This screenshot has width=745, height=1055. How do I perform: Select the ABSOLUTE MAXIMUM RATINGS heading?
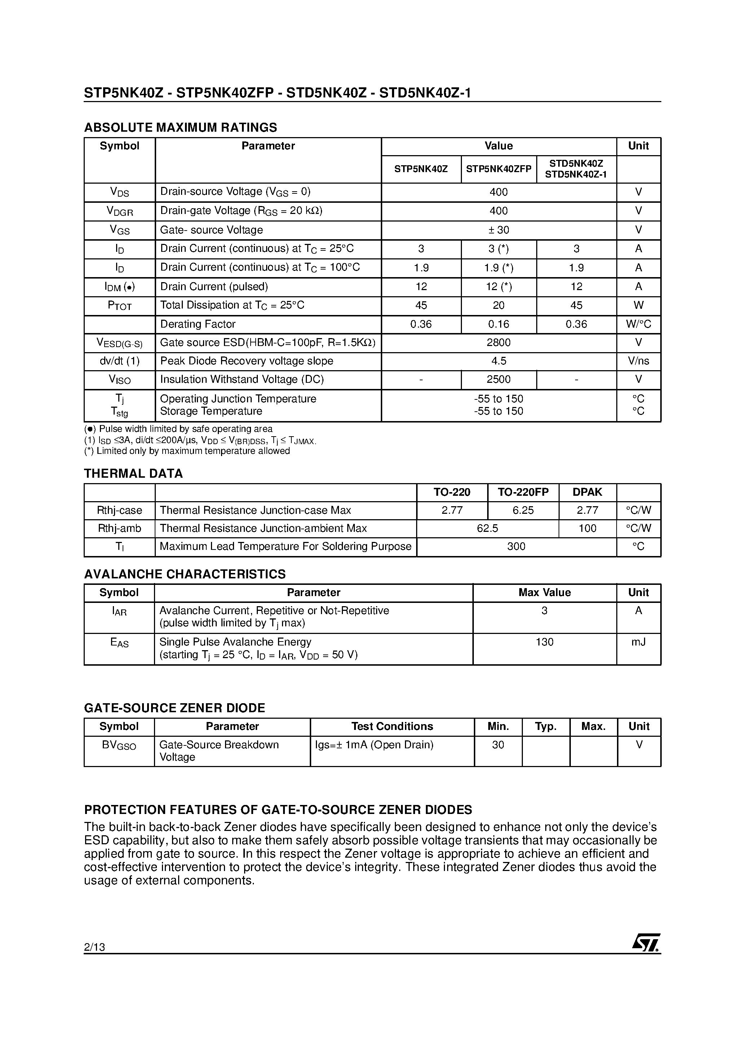click(181, 127)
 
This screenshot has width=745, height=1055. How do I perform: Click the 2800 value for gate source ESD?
click(498, 342)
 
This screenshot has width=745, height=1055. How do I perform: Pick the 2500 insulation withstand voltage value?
click(498, 379)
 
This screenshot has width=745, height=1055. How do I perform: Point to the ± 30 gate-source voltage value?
click(498, 230)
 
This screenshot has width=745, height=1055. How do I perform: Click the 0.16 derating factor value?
click(498, 324)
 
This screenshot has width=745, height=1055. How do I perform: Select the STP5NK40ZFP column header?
click(498, 169)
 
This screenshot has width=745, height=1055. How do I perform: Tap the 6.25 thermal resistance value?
click(523, 510)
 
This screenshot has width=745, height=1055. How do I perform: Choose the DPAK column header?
click(587, 492)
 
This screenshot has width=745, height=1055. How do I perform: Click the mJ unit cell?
click(638, 642)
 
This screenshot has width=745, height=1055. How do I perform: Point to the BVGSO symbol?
click(119, 745)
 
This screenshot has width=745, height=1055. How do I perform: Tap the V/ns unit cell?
click(638, 361)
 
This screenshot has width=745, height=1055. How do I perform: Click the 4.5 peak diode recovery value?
click(498, 361)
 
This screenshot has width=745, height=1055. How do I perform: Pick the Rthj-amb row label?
click(119, 529)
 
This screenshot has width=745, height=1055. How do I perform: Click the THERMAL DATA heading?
click(133, 473)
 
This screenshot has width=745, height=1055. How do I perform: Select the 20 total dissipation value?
click(498, 305)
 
